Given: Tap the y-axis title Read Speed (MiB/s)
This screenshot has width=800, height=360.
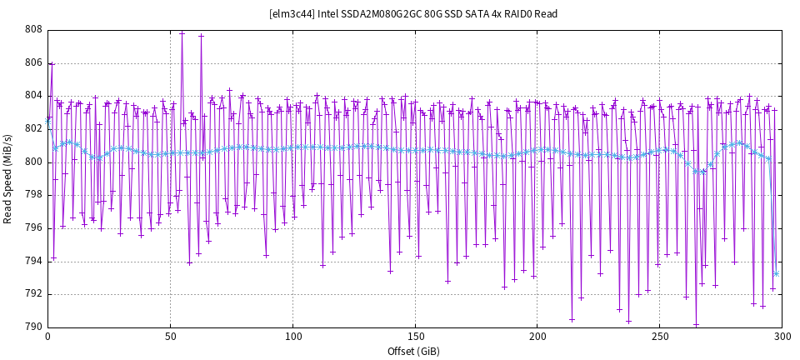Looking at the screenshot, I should tap(8, 177).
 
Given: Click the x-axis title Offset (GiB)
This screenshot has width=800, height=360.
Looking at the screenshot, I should tap(414, 352).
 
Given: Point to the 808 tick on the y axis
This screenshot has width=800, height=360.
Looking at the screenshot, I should tap(33, 29).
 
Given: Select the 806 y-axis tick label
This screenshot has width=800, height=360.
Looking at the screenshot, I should tap(33, 62).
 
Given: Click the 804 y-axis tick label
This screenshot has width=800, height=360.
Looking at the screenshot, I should tap(33, 96).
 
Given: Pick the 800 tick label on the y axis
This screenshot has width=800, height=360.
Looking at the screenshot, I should tap(33, 162).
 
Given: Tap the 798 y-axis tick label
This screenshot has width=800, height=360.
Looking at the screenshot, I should tap(33, 195).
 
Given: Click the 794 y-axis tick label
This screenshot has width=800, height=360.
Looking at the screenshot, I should tap(33, 261).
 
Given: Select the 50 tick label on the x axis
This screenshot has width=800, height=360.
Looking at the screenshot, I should tap(170, 337).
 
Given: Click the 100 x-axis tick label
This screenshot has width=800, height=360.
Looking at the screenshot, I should tap(292, 337).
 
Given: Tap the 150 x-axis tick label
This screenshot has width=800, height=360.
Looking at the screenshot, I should tap(415, 337).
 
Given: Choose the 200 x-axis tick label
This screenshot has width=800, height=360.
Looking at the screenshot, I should tap(537, 337).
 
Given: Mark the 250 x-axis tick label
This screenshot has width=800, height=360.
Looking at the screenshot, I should tap(659, 337).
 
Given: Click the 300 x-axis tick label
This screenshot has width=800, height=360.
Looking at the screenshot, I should tap(782, 337).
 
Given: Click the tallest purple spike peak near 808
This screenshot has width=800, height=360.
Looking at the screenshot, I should tap(182, 32).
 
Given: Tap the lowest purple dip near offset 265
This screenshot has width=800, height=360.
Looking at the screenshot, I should tap(696, 324).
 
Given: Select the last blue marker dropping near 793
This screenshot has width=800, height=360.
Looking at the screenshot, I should tap(776, 273).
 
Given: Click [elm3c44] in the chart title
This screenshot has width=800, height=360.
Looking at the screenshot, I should tap(292, 14).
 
